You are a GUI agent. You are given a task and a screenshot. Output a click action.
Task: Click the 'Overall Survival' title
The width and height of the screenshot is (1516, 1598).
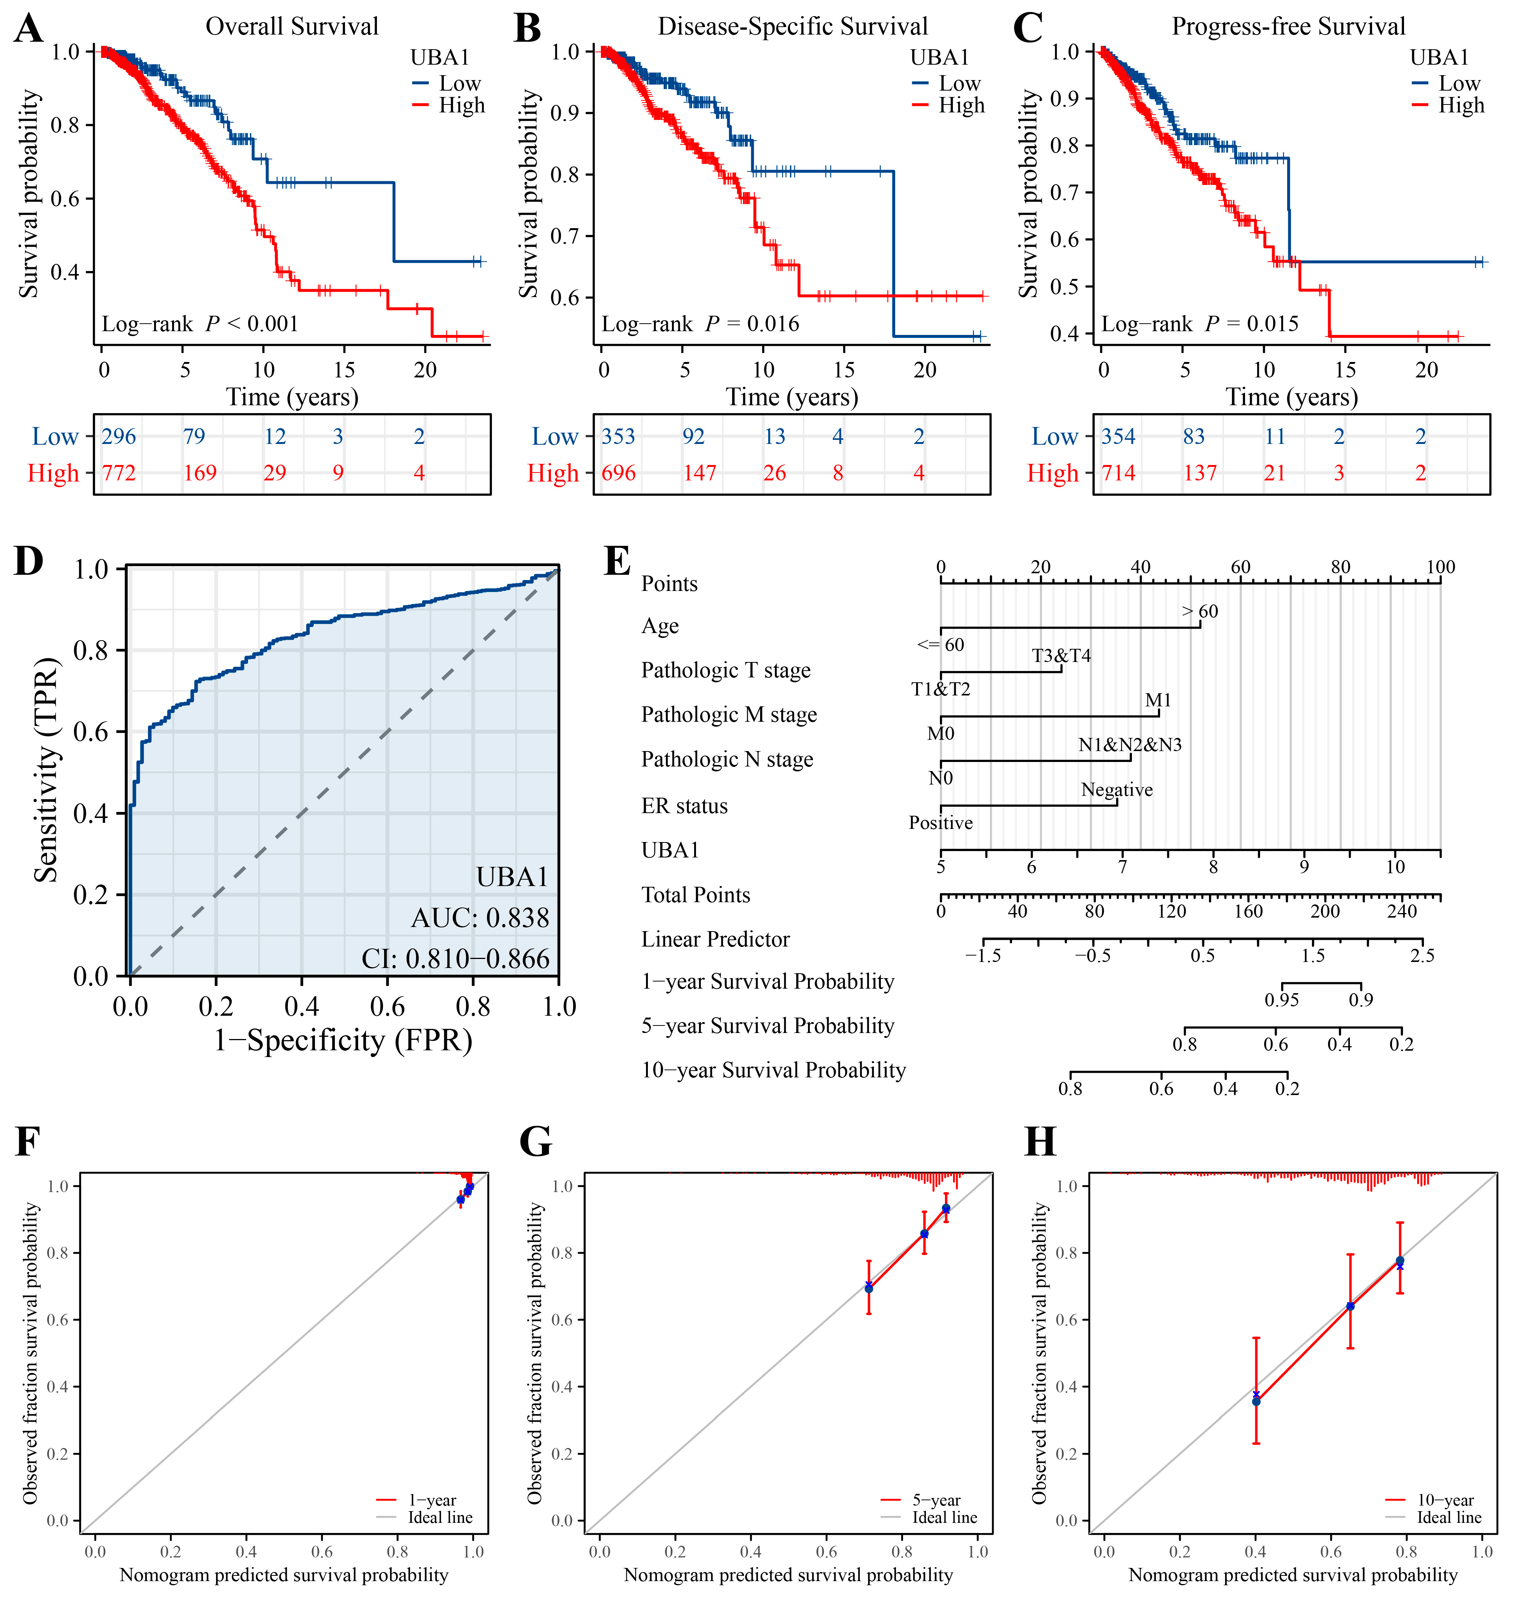292,27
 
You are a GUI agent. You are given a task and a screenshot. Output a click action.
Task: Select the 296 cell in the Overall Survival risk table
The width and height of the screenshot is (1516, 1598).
119,436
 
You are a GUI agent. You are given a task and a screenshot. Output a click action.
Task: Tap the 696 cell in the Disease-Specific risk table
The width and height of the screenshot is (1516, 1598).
618,473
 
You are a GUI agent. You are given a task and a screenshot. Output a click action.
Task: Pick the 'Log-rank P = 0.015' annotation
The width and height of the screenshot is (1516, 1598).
1199,324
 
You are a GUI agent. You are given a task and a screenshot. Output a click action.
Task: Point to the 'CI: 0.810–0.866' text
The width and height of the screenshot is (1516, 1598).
455,959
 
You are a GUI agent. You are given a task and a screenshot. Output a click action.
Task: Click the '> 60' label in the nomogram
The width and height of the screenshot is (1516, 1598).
1200,611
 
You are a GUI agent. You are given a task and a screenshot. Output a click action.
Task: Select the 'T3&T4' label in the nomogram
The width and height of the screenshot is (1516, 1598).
1061,656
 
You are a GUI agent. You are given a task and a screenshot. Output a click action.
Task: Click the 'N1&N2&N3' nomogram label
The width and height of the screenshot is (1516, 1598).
1130,744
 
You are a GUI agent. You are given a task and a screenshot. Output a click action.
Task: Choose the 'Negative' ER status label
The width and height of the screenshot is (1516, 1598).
1117,790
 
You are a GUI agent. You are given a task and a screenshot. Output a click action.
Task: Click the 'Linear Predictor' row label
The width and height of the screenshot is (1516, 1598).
715,939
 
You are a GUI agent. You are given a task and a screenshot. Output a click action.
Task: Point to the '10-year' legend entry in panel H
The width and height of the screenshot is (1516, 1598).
1445,1500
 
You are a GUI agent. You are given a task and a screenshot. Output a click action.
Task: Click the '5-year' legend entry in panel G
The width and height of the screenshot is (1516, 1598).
936,1500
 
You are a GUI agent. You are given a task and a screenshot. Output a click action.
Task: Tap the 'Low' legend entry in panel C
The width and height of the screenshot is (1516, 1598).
1459,83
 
